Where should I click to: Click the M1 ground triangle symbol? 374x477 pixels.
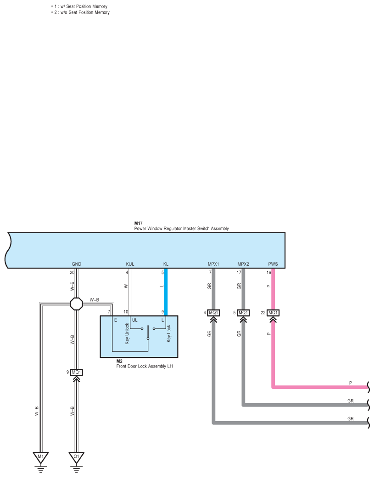[40, 457]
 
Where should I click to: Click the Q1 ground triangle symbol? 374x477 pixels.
[77, 457]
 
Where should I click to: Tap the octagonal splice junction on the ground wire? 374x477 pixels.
[77, 303]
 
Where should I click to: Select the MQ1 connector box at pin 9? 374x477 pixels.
[77, 372]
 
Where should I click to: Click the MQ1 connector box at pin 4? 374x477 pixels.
[213, 313]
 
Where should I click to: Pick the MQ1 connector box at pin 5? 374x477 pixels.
[243, 313]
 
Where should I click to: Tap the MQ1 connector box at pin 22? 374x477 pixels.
[273, 313]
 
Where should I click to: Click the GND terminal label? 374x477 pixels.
[77, 264]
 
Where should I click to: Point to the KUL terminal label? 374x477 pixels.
[130, 264]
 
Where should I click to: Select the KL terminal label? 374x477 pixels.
[166, 264]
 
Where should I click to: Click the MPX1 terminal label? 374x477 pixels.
[213, 264]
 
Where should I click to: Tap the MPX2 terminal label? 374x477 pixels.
[243, 264]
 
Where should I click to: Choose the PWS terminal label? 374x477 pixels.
[273, 264]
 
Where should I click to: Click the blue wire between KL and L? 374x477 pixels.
[166, 293]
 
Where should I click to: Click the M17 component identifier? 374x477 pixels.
[138, 223]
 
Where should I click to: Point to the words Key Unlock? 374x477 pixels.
[127, 334]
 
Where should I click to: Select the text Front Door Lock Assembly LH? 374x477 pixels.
[144, 366]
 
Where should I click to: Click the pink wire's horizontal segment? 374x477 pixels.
[321, 387]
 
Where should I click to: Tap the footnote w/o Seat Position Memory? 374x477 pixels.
[83, 12]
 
